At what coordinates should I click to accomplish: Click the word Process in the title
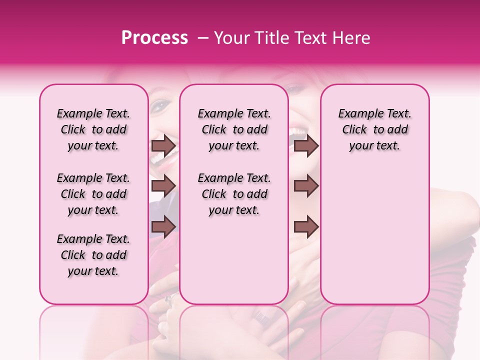coord(154,38)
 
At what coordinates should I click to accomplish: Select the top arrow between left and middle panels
coord(163,146)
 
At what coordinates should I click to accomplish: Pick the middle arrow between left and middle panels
coord(163,186)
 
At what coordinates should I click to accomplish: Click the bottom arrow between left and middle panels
coord(163,227)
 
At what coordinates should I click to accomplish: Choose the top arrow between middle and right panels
coord(306,146)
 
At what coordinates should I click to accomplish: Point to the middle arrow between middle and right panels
coord(306,186)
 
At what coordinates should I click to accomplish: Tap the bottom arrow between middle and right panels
coord(306,227)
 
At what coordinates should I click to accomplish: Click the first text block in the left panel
coord(93,130)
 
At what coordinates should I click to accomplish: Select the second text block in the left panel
coord(93,194)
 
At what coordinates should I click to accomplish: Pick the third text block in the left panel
coord(93,255)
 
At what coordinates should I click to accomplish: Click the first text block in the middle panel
coord(234,130)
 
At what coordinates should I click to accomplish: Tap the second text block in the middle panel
coord(234,194)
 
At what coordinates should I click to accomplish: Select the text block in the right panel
coord(374,130)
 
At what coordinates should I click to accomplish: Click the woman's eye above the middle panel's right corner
coord(295,89)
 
